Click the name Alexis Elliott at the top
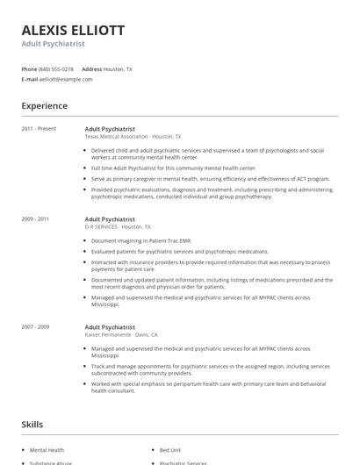(73, 31)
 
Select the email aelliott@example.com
(66, 79)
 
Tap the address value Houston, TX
(118, 68)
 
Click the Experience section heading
(45, 106)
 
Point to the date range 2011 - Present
(39, 129)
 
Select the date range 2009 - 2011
(35, 218)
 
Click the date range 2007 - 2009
(35, 327)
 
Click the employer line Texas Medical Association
(133, 137)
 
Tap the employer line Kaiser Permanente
(121, 335)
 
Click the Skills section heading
(32, 425)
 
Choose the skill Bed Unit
(171, 450)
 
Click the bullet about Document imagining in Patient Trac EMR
(140, 240)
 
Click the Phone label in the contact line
(29, 68)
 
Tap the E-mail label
(30, 79)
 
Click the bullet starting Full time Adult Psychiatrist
(173, 168)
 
